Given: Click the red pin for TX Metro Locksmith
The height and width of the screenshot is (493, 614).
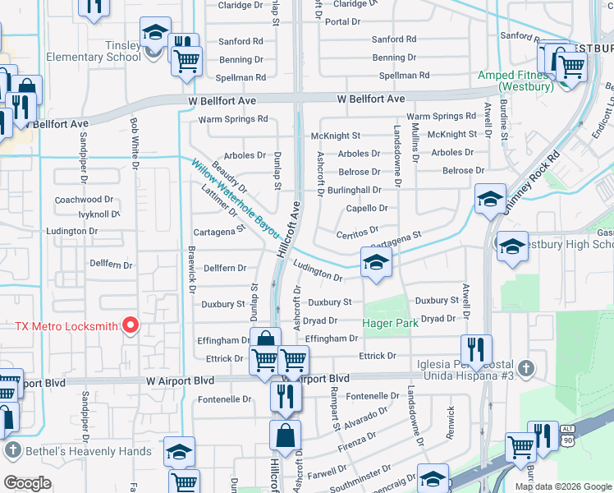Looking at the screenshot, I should pyautogui.click(x=130, y=326).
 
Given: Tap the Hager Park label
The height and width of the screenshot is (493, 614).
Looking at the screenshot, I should pyautogui.click(x=391, y=323).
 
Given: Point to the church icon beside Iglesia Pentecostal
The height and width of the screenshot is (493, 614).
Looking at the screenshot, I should pyautogui.click(x=526, y=368).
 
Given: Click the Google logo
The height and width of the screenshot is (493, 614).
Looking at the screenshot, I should pyautogui.click(x=27, y=482).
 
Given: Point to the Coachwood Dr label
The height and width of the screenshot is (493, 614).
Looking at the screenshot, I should pyautogui.click(x=84, y=200).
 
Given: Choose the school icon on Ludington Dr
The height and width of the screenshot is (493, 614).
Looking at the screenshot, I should pyautogui.click(x=376, y=264).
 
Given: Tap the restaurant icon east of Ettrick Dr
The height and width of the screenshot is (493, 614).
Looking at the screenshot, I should pyautogui.click(x=476, y=348).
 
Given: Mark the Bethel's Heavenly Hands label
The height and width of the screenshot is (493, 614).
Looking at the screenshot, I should pyautogui.click(x=87, y=451).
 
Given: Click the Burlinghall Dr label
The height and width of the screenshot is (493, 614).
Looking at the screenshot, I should pyautogui.click(x=354, y=190).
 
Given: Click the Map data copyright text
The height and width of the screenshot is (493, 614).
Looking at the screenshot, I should pyautogui.click(x=563, y=486).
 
